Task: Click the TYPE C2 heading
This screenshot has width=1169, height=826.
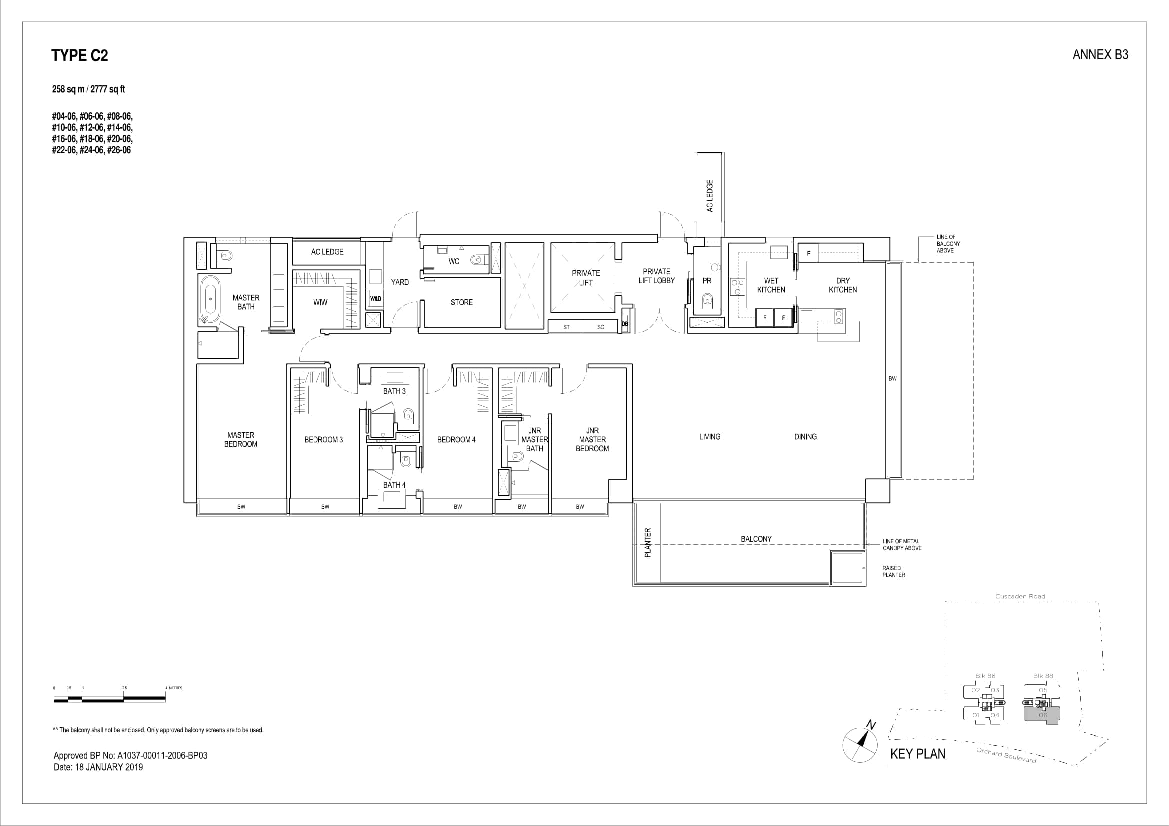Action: pyautogui.click(x=80, y=55)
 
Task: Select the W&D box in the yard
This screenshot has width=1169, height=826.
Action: pyautogui.click(x=375, y=299)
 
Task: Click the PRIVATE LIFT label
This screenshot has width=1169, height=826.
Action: pyautogui.click(x=586, y=278)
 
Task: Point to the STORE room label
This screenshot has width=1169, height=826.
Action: pyautogui.click(x=461, y=302)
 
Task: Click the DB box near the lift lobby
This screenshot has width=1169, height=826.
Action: pyautogui.click(x=625, y=324)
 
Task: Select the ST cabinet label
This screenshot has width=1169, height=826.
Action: pyautogui.click(x=566, y=327)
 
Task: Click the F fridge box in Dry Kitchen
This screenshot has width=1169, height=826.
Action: pyautogui.click(x=808, y=253)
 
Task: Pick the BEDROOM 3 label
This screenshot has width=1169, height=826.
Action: pyautogui.click(x=323, y=440)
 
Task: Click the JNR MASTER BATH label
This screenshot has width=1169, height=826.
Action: pyautogui.click(x=534, y=440)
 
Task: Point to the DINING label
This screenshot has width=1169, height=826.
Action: pyautogui.click(x=805, y=437)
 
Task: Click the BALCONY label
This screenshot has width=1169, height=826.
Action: pyautogui.click(x=756, y=539)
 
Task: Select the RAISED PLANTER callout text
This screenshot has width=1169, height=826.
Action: pyautogui.click(x=894, y=571)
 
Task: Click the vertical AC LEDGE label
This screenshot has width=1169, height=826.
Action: pyautogui.click(x=710, y=196)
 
